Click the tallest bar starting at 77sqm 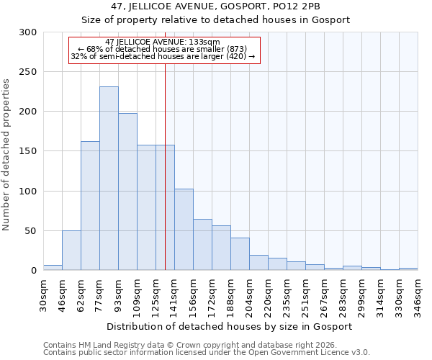(109, 179)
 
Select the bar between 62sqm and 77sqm (90, 206)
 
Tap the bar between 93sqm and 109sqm (127, 192)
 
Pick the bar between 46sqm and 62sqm (71, 251)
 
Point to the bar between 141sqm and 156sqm (184, 230)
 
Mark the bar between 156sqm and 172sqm (202, 245)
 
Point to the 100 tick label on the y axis (27, 192)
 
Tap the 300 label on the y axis (27, 32)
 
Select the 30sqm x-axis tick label (43, 294)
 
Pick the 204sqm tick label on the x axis (249, 294)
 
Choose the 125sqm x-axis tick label (156, 294)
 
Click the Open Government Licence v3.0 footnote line (207, 353)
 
